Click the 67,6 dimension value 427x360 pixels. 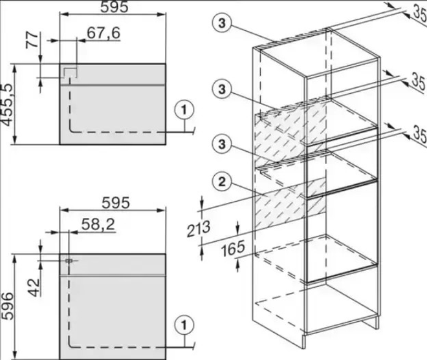pos(104,33)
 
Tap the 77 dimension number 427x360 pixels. pos(33,39)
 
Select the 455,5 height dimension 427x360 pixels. pos(7,105)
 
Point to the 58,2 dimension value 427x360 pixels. pos(98,224)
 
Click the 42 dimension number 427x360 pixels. pos(34,288)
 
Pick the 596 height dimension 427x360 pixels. pos(7,306)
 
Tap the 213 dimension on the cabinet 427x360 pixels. pos(199,229)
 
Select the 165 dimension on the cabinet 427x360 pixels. pos(233,249)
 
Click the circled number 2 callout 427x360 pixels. pos(222,182)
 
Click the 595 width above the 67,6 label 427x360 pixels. pos(114,7)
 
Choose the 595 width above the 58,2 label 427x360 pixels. pos(116,203)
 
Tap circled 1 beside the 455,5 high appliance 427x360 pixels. pos(184,111)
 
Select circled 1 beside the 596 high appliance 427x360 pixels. pos(184,325)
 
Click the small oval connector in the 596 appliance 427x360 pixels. pos(69,260)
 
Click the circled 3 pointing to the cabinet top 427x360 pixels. pos(222,23)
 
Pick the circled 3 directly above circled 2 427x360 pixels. pos(222,143)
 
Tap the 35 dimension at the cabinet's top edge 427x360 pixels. pos(420,14)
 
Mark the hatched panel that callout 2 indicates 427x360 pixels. pos(290,203)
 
